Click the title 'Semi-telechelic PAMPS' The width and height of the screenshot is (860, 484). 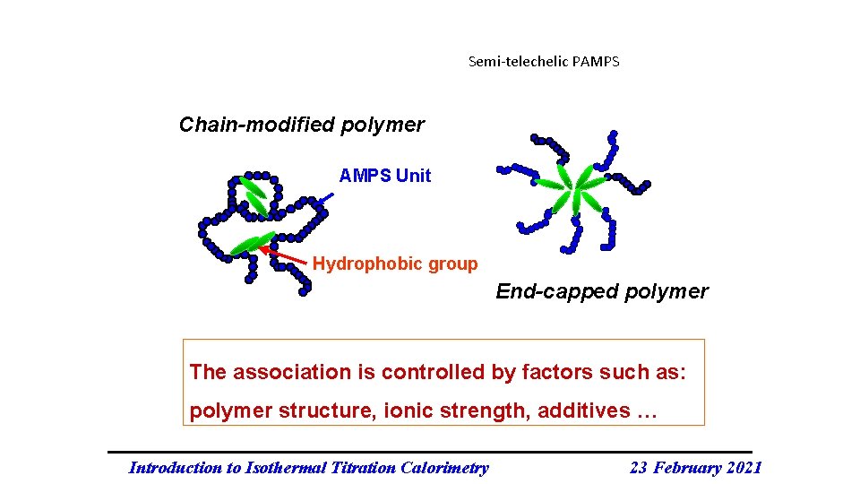point(544,62)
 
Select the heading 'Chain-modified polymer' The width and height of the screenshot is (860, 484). point(301,125)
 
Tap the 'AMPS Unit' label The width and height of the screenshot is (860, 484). point(384,176)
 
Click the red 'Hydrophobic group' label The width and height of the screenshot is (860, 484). point(395,264)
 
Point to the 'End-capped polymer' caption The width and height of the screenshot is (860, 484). point(601,291)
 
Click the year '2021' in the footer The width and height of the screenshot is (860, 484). point(743,467)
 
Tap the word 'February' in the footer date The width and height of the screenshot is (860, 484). point(686,467)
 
